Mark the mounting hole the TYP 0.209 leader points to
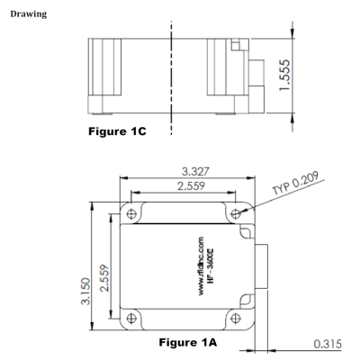(237, 214)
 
